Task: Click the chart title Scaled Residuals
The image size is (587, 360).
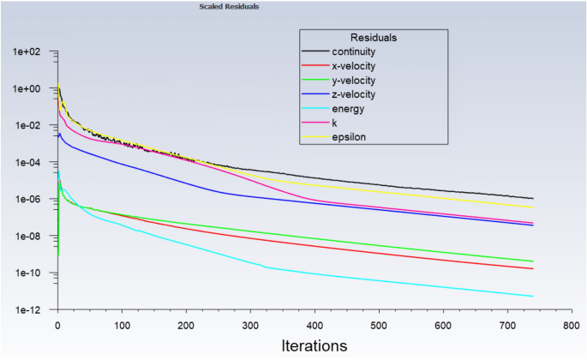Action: pyautogui.click(x=229, y=7)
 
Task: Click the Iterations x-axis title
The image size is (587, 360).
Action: pyautogui.click(x=314, y=346)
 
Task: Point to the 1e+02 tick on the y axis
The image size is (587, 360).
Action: pyautogui.click(x=27, y=51)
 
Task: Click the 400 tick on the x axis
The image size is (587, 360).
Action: pyautogui.click(x=314, y=325)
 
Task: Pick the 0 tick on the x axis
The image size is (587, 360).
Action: pyautogui.click(x=57, y=325)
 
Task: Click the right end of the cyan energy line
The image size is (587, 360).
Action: pyautogui.click(x=533, y=297)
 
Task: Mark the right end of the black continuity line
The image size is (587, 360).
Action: pyautogui.click(x=533, y=198)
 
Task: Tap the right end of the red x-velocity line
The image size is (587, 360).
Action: pyautogui.click(x=533, y=269)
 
